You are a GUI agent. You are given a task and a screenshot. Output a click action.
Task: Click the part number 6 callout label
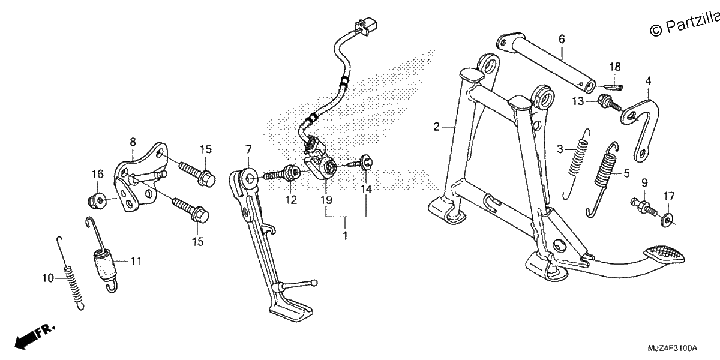click(x=562, y=39)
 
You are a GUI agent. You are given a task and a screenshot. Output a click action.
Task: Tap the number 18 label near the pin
click(x=614, y=67)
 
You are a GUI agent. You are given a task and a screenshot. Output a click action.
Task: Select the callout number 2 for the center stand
click(x=436, y=127)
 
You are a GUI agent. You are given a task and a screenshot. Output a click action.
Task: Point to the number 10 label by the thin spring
click(x=48, y=278)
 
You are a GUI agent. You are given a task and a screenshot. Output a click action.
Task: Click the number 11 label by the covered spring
click(x=136, y=261)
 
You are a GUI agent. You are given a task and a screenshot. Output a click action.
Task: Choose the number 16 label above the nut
click(x=98, y=174)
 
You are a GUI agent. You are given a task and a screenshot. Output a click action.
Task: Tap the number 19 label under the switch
click(x=326, y=200)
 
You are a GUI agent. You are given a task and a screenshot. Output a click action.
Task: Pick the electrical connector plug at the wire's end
click(x=365, y=26)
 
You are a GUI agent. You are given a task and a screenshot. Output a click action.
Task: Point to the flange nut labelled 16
click(x=95, y=200)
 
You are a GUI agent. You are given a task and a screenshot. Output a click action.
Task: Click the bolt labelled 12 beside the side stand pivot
click(x=282, y=173)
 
